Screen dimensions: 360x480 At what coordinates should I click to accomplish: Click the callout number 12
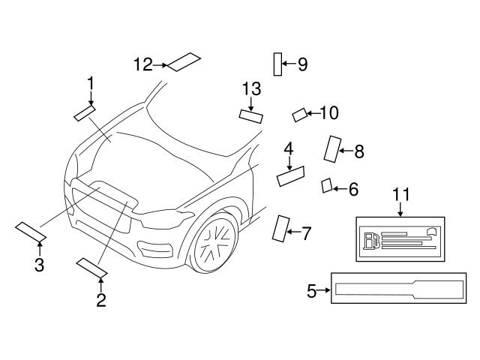(x=143, y=64)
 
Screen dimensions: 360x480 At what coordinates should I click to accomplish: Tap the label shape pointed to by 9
(x=277, y=64)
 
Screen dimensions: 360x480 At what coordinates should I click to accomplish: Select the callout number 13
(x=251, y=90)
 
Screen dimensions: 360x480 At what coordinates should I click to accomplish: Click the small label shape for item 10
(x=299, y=115)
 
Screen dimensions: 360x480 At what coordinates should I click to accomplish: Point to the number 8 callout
(x=358, y=152)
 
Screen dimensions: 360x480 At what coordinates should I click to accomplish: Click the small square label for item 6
(x=327, y=185)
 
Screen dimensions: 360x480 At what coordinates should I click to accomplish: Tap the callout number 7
(x=305, y=234)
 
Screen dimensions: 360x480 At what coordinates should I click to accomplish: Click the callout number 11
(x=402, y=195)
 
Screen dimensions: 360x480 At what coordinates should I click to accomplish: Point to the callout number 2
(x=100, y=301)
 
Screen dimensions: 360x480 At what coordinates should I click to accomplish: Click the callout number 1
(x=90, y=81)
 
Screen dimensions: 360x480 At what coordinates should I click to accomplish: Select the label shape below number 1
(x=84, y=113)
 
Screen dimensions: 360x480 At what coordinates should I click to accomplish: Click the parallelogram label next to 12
(x=183, y=61)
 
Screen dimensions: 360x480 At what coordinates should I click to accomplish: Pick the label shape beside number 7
(x=280, y=229)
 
